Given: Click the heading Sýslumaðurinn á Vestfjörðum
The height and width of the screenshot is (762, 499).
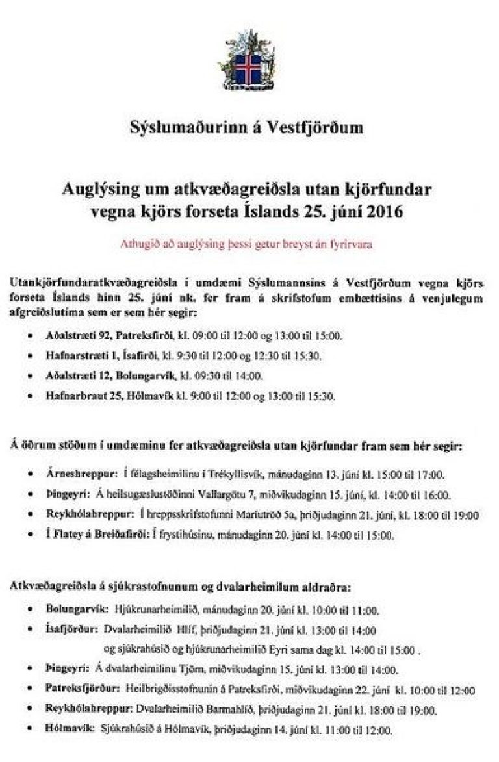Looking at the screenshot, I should tap(246, 127).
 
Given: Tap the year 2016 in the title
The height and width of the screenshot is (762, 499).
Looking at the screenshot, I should tap(383, 212).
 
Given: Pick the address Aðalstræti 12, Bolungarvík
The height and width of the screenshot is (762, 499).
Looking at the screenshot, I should tap(110, 375).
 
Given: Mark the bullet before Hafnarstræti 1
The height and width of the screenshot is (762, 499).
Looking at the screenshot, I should tap(31, 356).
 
